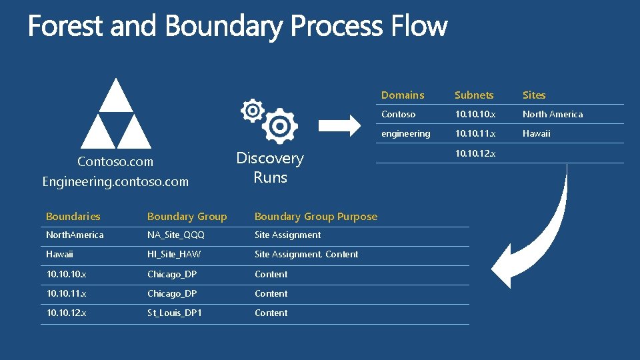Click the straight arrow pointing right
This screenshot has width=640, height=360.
click(x=340, y=124)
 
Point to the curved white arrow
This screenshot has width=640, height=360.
click(x=543, y=240)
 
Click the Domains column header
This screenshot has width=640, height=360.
click(x=403, y=95)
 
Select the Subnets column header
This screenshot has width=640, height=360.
click(x=474, y=95)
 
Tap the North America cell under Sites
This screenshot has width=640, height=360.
click(x=552, y=114)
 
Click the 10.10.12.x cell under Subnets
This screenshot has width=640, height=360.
click(x=475, y=153)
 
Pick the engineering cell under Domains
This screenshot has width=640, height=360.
click(x=405, y=133)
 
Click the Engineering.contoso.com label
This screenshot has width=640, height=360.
click(x=115, y=181)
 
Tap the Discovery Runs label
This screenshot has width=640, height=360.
click(x=270, y=168)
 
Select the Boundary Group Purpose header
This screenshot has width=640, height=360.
click(x=315, y=216)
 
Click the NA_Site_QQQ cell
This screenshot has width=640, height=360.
click(x=176, y=235)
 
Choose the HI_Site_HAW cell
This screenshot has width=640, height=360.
click(x=174, y=254)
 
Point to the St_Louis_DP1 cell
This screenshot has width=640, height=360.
click(x=175, y=313)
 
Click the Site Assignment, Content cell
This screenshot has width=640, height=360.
click(x=306, y=254)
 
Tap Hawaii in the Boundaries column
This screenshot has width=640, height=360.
click(x=59, y=254)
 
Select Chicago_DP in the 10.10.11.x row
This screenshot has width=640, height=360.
click(x=171, y=293)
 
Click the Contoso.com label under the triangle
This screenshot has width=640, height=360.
click(x=115, y=161)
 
